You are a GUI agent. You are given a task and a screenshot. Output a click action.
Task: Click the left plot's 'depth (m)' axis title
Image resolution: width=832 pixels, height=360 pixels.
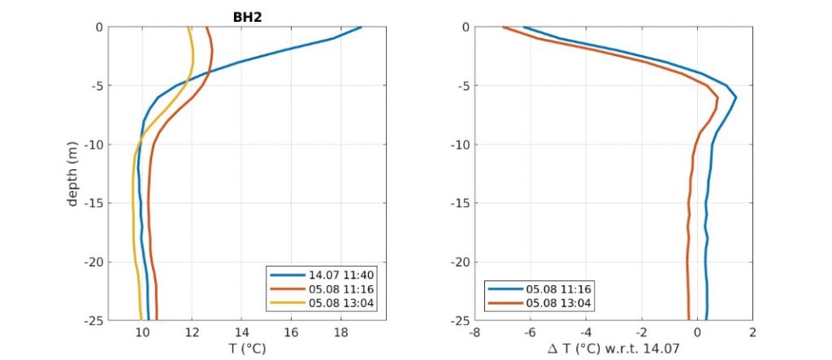pos(72,174)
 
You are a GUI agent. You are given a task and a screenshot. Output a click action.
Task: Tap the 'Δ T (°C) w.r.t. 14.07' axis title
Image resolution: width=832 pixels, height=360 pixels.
pos(614,348)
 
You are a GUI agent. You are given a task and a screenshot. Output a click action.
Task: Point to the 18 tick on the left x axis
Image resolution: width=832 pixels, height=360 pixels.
pos(340,332)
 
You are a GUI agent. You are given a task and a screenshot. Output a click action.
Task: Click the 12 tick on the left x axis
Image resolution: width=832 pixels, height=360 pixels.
pos(192,332)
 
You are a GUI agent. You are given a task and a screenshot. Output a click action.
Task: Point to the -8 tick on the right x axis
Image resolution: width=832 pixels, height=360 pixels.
pos(475,332)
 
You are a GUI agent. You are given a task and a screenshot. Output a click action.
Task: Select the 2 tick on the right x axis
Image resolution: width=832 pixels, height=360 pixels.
pos(752,332)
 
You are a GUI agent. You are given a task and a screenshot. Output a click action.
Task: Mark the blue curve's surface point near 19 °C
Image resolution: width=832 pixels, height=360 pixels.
pos(361,28)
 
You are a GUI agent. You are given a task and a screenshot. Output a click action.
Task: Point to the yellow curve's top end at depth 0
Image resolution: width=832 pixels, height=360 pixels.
pos(188,28)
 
